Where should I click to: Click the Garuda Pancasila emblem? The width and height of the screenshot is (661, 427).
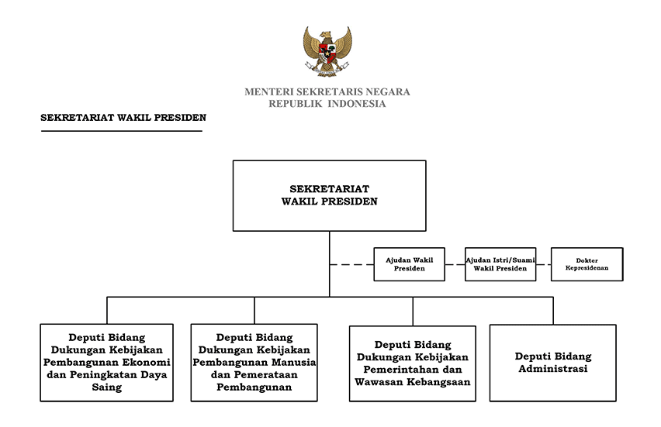pos(327,51)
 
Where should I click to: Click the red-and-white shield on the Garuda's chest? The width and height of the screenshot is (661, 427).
pos(327,53)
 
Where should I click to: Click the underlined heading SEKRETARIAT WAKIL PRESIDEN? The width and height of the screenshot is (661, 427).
pos(123,118)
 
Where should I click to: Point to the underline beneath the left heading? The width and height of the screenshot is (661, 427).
pos(122,131)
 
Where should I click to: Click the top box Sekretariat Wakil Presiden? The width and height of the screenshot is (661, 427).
pos(329,196)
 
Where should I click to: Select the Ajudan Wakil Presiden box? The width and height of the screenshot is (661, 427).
pos(410,264)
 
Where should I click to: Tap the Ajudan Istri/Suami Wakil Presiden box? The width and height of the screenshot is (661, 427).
pos(500,264)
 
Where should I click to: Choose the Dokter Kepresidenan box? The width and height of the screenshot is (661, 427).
pos(587,264)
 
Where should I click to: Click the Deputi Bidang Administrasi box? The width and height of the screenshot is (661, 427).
pos(552,363)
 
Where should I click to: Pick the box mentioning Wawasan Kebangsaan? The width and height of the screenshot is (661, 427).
pos(412,363)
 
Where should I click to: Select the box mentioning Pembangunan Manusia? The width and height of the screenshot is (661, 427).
pos(254,363)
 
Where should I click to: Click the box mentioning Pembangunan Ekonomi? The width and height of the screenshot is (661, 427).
pos(106,363)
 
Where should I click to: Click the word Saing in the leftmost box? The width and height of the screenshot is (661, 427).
pos(106,387)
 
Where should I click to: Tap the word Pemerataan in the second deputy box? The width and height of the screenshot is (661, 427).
pos(266,374)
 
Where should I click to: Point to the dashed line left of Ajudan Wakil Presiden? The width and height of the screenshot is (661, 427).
pos(351,264)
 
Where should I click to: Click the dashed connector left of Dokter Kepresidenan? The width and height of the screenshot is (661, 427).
pos(543,264)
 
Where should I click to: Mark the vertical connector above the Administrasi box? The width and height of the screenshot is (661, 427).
pos(553,311)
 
